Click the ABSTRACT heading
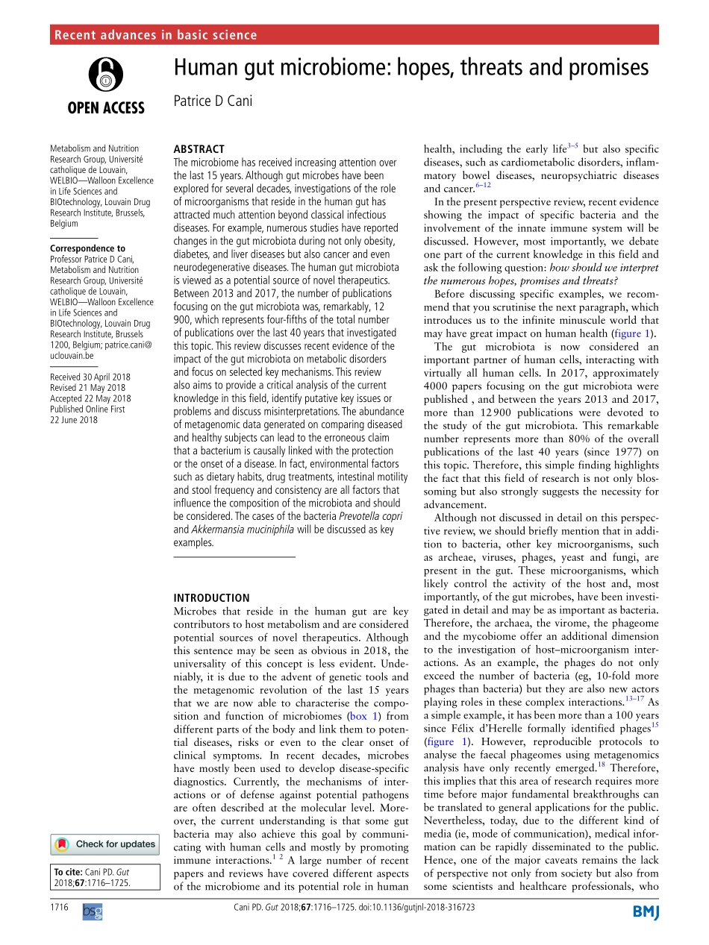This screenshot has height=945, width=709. tap(199, 149)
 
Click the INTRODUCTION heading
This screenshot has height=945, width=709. tap(211, 597)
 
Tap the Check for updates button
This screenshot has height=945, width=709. tap(104, 844)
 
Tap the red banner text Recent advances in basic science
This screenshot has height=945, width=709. tap(156, 35)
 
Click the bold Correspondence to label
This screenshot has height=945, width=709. tap(87, 248)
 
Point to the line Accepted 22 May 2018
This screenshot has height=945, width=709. tap(90, 398)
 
